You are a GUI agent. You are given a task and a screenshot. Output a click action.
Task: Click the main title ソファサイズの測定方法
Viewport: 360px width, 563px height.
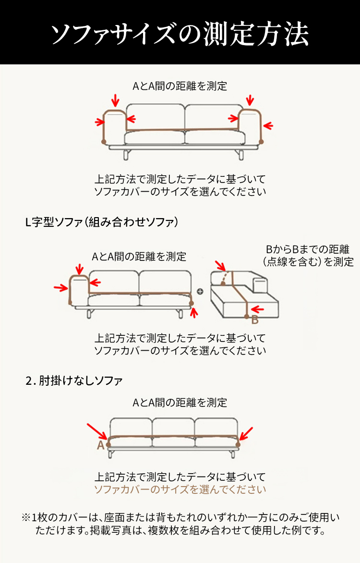(x=180, y=34)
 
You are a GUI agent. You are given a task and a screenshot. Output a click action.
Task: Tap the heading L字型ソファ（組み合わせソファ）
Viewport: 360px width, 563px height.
(x=102, y=222)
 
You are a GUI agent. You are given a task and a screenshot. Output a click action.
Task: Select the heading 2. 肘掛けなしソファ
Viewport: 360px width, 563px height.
(x=74, y=380)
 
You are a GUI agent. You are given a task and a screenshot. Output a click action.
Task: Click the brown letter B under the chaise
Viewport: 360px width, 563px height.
(x=254, y=319)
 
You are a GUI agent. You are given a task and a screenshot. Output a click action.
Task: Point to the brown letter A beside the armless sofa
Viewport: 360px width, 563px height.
(x=100, y=445)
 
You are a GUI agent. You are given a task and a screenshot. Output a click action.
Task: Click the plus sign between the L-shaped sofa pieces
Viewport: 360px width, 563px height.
(x=200, y=292)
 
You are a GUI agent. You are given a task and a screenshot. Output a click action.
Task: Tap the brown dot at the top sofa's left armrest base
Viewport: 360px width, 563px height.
(x=104, y=142)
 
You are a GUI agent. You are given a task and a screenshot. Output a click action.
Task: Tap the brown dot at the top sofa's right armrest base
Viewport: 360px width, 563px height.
(x=261, y=142)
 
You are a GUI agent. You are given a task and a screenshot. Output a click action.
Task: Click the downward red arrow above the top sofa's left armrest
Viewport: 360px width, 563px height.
(x=115, y=101)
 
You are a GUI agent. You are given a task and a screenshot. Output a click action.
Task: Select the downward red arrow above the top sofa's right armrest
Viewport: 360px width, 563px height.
(x=250, y=100)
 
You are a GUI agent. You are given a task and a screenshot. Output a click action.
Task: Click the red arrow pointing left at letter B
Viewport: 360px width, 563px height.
(x=258, y=309)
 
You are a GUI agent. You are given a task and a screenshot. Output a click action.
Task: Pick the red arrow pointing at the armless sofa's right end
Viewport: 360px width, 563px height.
(x=246, y=433)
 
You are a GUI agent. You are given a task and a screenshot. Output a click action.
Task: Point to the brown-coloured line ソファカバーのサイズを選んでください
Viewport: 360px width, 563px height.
(x=180, y=490)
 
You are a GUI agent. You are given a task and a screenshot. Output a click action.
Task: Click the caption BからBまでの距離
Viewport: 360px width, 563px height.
(x=308, y=249)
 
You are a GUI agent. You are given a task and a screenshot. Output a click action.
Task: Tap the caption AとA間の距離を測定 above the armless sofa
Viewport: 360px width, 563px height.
(x=180, y=403)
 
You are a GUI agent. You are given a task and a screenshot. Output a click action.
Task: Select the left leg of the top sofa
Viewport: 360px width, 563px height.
(x=126, y=155)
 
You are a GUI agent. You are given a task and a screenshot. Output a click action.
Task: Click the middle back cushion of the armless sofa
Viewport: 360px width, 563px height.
(x=173, y=427)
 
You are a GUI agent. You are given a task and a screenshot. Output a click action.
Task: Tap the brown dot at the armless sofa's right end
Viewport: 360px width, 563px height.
(x=238, y=445)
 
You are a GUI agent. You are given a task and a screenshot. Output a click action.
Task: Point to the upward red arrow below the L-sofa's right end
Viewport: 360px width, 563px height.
(x=194, y=313)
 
